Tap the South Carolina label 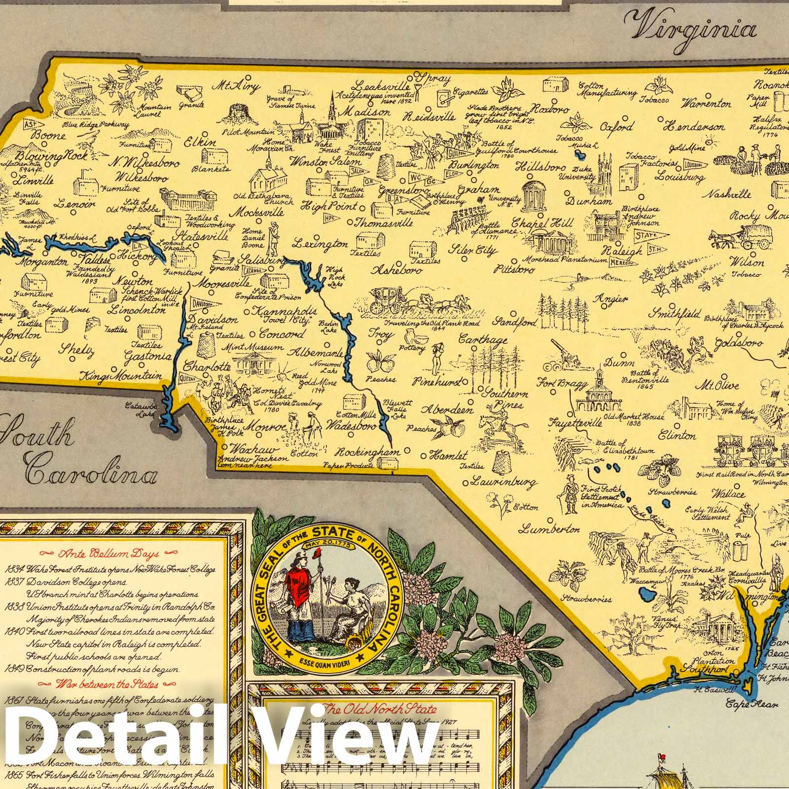pyautogui.click(x=74, y=454)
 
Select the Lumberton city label pyautogui.click(x=549, y=529)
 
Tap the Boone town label pyautogui.click(x=48, y=135)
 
